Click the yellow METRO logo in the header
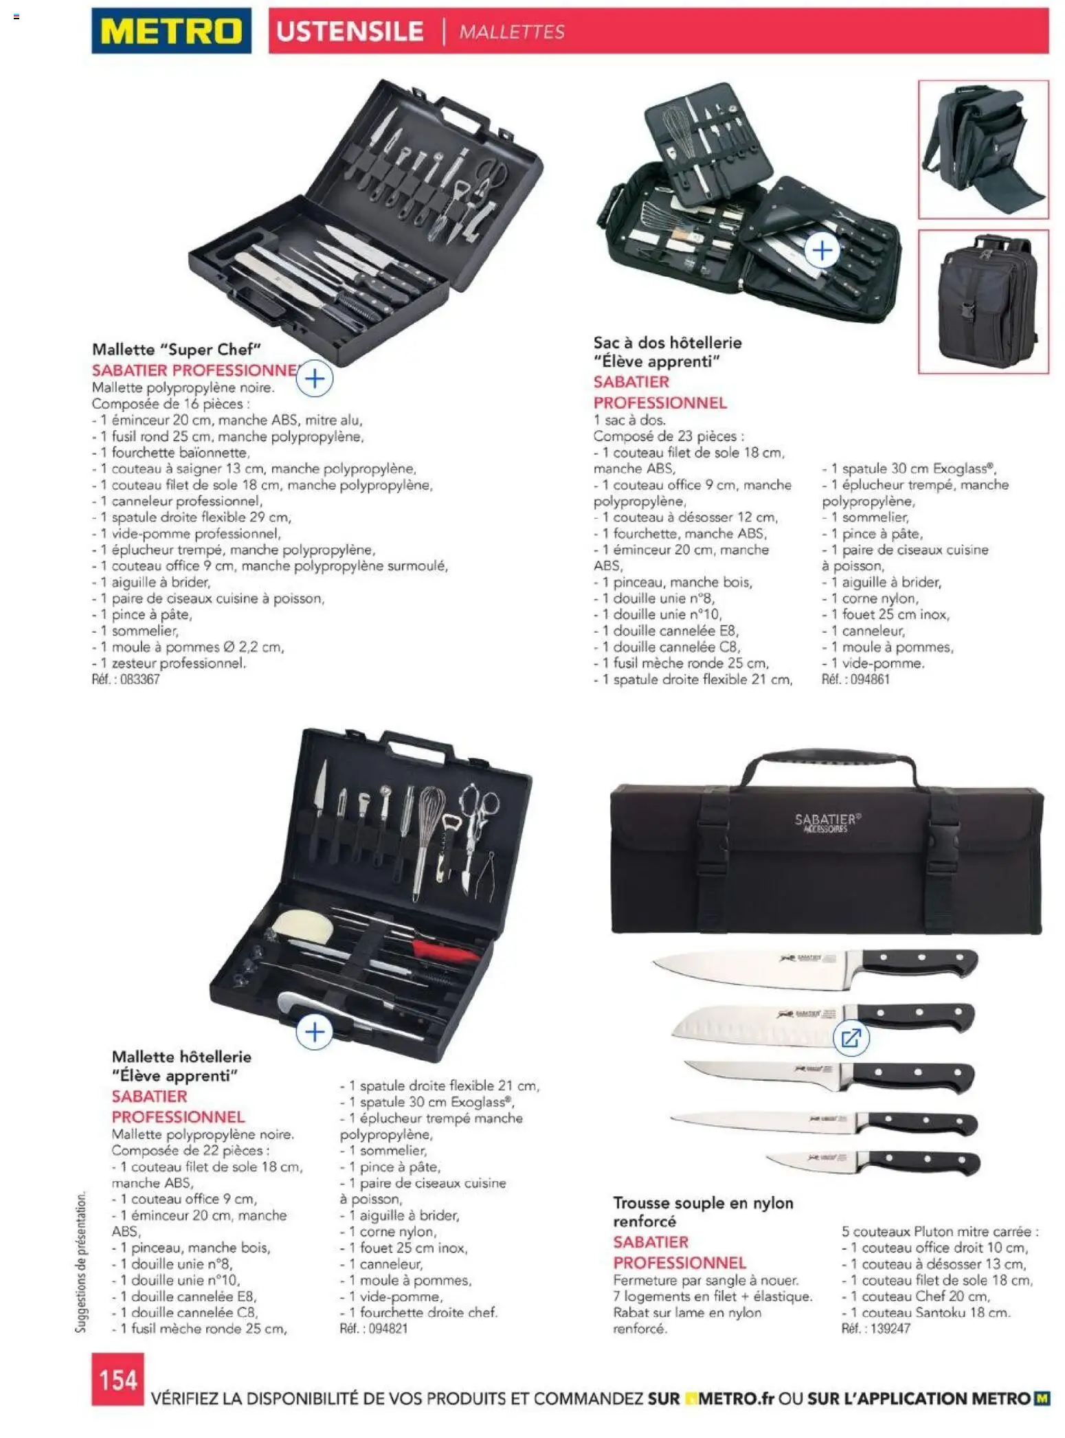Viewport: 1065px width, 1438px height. point(171,31)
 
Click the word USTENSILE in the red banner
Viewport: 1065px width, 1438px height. point(350,32)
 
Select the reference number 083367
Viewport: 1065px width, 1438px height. point(140,679)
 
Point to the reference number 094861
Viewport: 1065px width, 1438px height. point(870,679)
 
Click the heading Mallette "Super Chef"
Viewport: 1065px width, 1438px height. point(177,350)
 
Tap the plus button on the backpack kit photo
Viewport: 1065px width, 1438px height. point(822,251)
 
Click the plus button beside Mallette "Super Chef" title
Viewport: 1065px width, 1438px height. point(315,379)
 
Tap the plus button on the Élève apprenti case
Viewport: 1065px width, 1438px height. point(315,1032)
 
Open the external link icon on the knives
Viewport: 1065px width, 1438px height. point(851,1038)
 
